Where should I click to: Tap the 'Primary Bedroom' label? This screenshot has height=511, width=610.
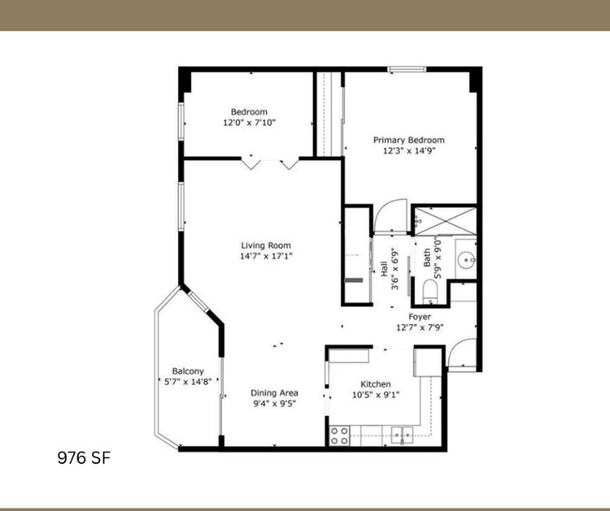(x=408, y=140)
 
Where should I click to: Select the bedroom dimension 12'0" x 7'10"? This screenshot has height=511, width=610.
(x=249, y=123)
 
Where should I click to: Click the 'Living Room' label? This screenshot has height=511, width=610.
(x=266, y=245)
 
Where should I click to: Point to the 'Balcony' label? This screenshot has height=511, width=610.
(x=188, y=370)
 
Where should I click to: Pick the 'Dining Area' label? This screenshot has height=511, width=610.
(x=275, y=392)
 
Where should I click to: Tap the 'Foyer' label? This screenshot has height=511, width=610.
(x=420, y=317)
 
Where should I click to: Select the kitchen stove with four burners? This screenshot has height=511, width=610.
(x=339, y=435)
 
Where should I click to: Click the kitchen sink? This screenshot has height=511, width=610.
(x=401, y=434)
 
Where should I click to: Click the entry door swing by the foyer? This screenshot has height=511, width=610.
(x=462, y=354)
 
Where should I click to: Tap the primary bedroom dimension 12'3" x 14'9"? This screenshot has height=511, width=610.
(x=408, y=150)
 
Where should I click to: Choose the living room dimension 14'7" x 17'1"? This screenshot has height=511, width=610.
(x=266, y=256)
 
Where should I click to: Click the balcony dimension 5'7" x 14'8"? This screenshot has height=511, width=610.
(x=188, y=381)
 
